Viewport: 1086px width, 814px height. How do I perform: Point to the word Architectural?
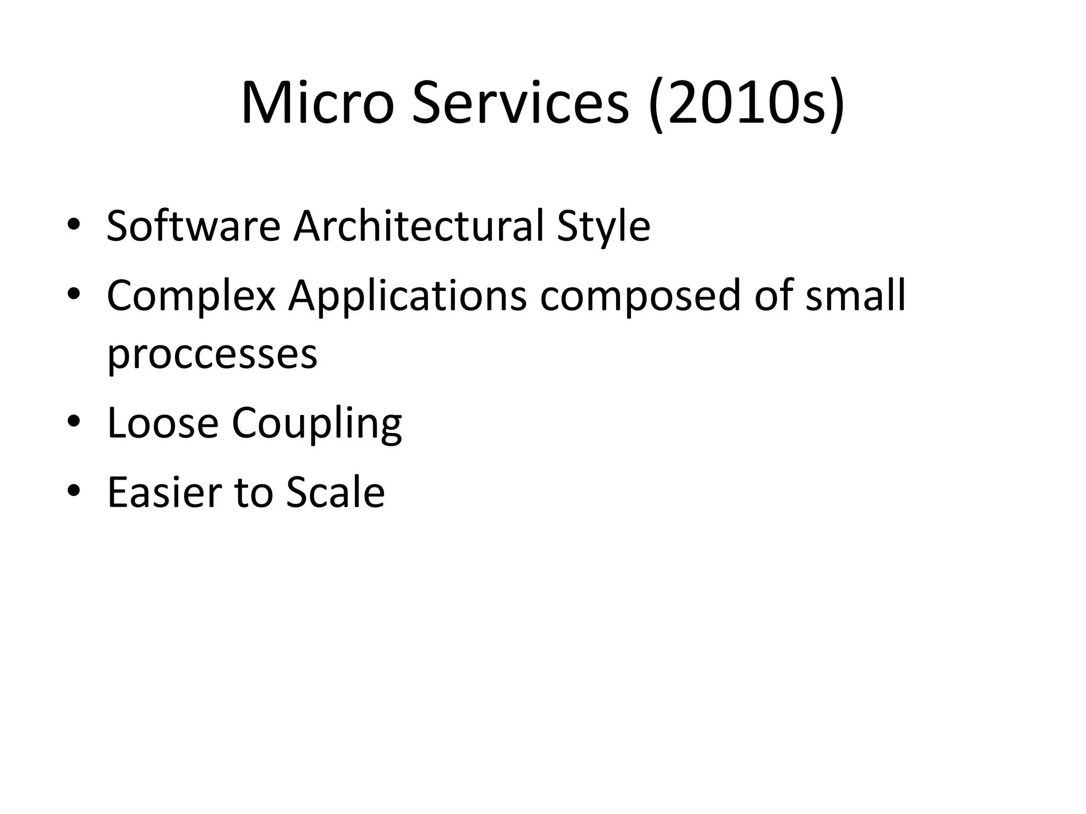(418, 226)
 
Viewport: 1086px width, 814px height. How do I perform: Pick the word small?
(855, 295)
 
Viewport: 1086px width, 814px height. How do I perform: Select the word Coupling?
(317, 424)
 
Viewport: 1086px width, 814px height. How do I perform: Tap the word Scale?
(335, 492)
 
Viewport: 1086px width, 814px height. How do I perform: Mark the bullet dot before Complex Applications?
(74, 294)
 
